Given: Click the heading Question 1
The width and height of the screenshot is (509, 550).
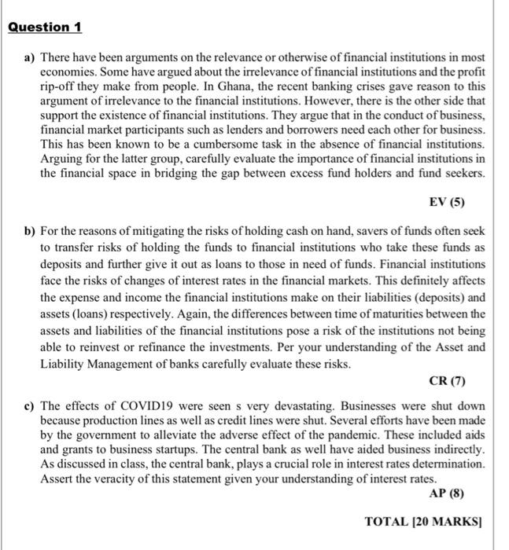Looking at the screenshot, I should (x=44, y=27).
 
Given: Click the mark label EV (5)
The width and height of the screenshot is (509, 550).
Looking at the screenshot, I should (x=447, y=202).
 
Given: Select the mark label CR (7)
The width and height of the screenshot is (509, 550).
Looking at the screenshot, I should (x=446, y=382).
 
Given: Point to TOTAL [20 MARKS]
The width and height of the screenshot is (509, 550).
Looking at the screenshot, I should (x=424, y=522).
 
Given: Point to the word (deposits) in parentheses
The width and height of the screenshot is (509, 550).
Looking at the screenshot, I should (x=436, y=299).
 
